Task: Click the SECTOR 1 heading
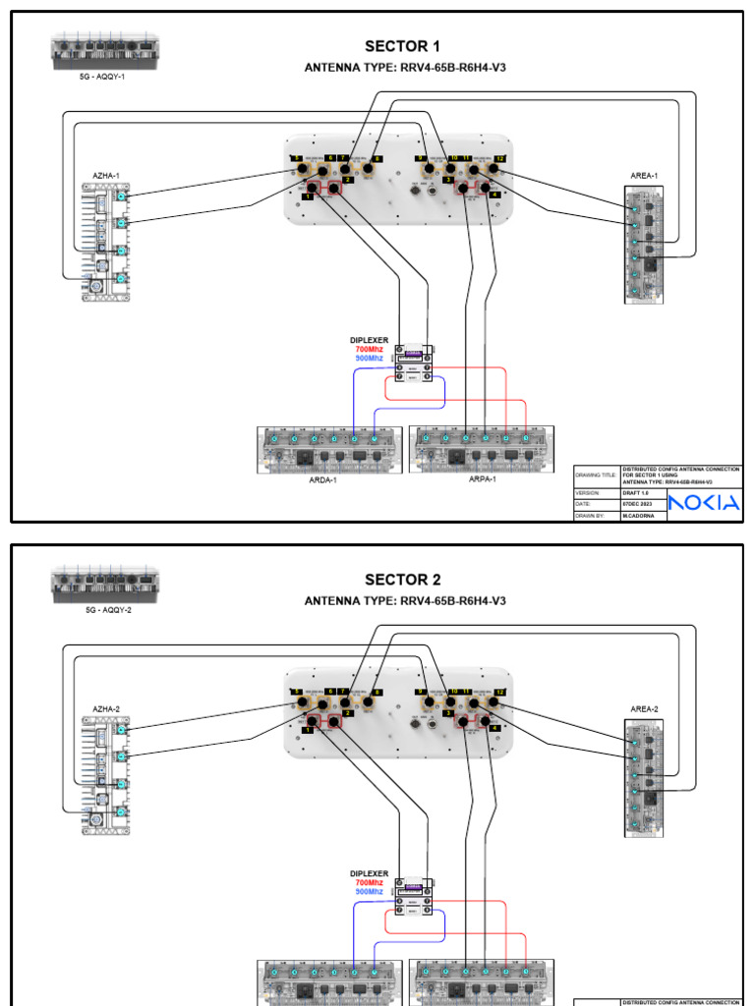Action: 402,46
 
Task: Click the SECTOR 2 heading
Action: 402,579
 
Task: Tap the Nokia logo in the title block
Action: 703,503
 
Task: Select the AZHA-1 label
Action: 106,176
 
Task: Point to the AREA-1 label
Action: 644,176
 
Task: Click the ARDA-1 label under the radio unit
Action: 322,480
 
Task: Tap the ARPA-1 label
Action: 482,479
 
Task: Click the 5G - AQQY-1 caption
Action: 102,76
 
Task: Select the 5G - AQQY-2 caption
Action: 102,609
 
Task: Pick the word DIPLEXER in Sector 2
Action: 370,873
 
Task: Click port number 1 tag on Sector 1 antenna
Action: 308,197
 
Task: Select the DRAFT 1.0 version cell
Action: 640,493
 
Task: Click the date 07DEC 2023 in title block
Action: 642,504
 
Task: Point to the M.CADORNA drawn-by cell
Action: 641,514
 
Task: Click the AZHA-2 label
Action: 106,708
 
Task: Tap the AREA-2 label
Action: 644,708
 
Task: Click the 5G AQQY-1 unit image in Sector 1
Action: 104,51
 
